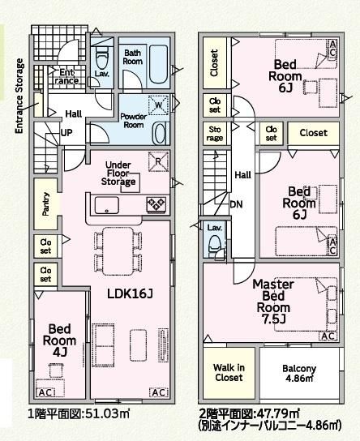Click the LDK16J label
click(130, 294)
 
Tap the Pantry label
click(46, 204)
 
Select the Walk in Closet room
click(229, 373)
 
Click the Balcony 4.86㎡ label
click(299, 373)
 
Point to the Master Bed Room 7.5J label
click(273, 302)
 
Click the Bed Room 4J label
click(59, 340)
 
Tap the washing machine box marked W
click(158, 105)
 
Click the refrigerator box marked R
click(158, 161)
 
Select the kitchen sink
click(106, 205)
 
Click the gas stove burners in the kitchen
click(156, 204)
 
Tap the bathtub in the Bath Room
click(158, 64)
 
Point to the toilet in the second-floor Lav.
click(215, 245)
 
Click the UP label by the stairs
click(66, 132)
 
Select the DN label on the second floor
click(236, 204)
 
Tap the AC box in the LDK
click(159, 392)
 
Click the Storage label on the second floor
click(215, 134)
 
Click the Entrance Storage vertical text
click(19, 96)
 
